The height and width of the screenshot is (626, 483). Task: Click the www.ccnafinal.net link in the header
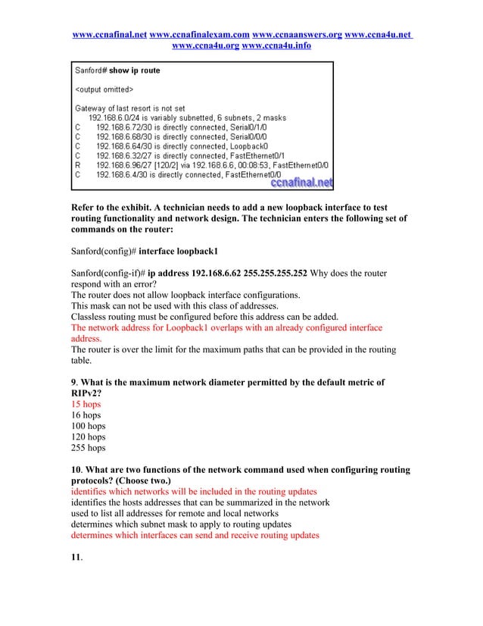click(x=109, y=35)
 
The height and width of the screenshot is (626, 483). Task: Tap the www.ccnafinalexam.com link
click(x=200, y=35)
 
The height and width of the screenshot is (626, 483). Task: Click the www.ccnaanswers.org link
click(x=297, y=35)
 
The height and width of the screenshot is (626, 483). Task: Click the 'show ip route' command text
click(x=135, y=71)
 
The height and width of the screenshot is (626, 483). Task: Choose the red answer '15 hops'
click(x=86, y=404)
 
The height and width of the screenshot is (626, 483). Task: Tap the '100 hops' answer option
click(x=88, y=426)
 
